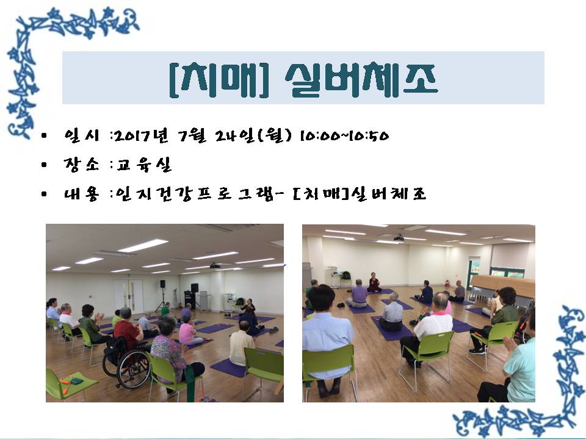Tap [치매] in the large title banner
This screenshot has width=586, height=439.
[219, 80]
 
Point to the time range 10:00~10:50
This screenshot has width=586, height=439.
[344, 135]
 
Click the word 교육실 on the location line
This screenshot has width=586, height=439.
[143, 164]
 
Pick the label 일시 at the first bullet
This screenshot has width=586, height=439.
[82, 135]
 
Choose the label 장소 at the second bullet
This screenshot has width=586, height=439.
[82, 164]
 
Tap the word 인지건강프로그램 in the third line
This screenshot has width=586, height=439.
[195, 194]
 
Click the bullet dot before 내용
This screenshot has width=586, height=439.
[45, 194]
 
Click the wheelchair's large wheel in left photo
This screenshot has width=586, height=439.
[133, 369]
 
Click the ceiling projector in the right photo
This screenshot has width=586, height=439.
[399, 237]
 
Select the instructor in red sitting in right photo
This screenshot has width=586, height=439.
[374, 282]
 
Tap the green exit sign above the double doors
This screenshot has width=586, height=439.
[128, 276]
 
